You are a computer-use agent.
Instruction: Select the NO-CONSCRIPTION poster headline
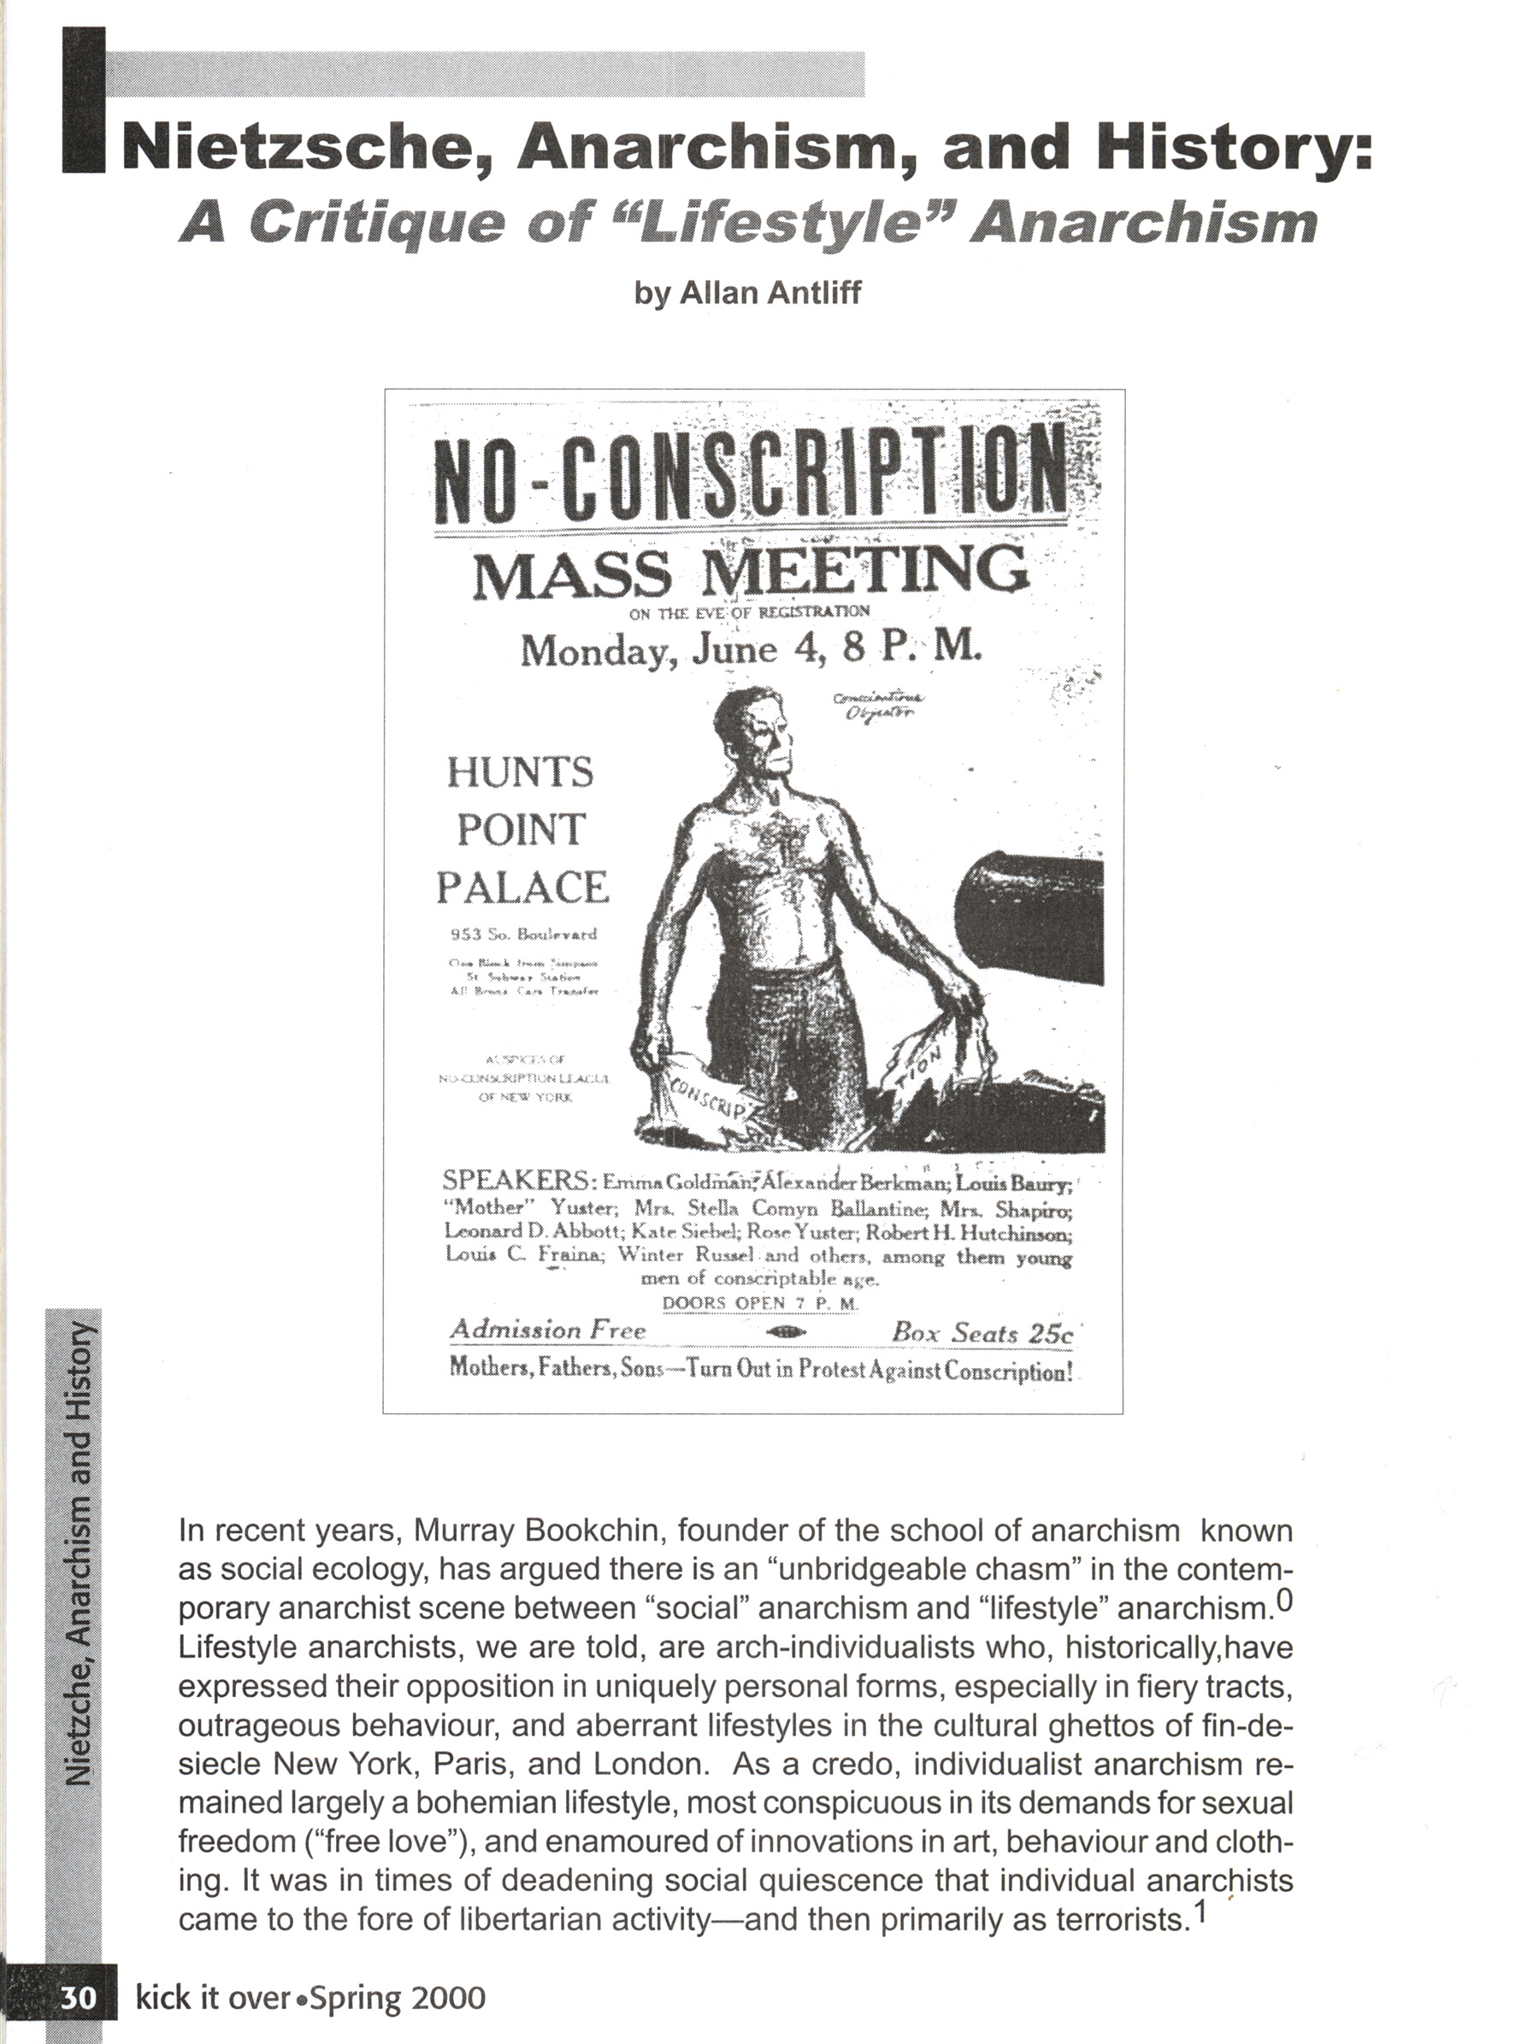click(751, 480)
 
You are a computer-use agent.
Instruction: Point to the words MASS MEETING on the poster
click(751, 573)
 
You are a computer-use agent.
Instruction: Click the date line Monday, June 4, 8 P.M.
click(751, 649)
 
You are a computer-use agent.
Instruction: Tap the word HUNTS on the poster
click(521, 772)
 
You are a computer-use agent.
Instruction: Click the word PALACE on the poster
click(522, 888)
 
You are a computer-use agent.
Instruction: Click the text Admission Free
click(548, 1330)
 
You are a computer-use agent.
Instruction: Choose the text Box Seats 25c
click(982, 1332)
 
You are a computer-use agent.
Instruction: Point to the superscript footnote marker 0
click(1285, 1601)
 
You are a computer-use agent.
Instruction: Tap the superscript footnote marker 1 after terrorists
click(1200, 1911)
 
